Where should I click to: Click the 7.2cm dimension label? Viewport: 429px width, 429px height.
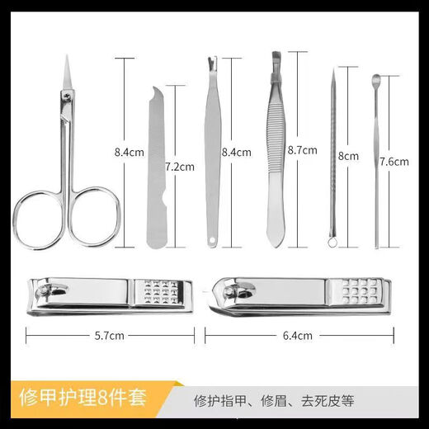[179, 166]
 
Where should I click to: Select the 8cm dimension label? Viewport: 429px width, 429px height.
[347, 155]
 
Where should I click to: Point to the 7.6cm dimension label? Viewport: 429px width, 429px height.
[394, 162]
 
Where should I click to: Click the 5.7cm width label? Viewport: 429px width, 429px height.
[110, 336]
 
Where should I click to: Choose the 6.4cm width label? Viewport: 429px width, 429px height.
[298, 336]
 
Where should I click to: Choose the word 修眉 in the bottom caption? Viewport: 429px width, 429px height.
[283, 402]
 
